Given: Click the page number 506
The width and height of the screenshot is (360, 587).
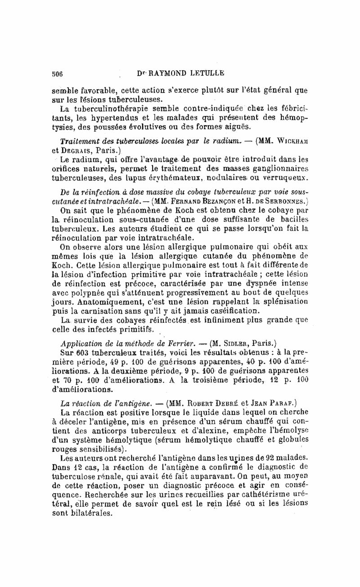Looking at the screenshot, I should tap(58, 74).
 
